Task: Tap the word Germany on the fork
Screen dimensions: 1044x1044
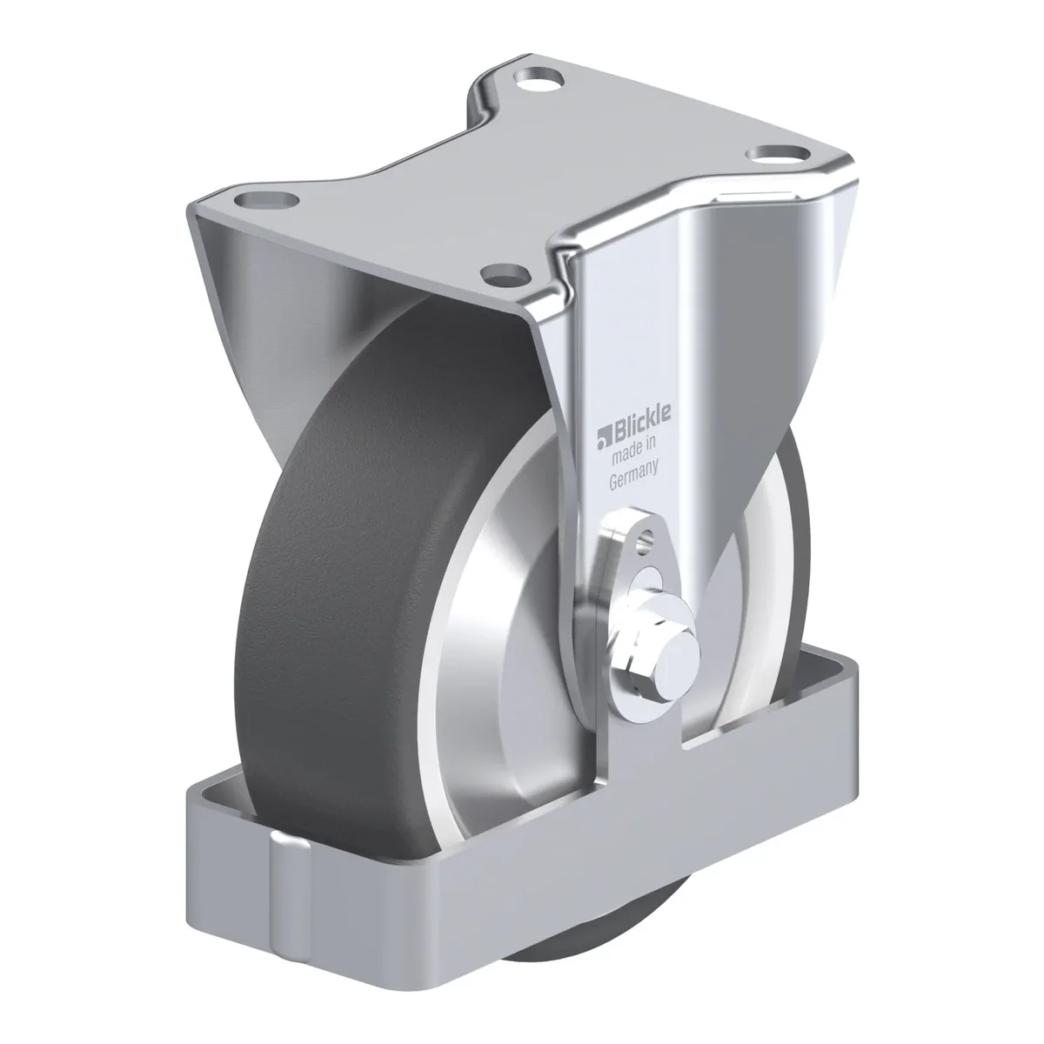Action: (634, 475)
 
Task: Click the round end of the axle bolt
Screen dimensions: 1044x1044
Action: (678, 661)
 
